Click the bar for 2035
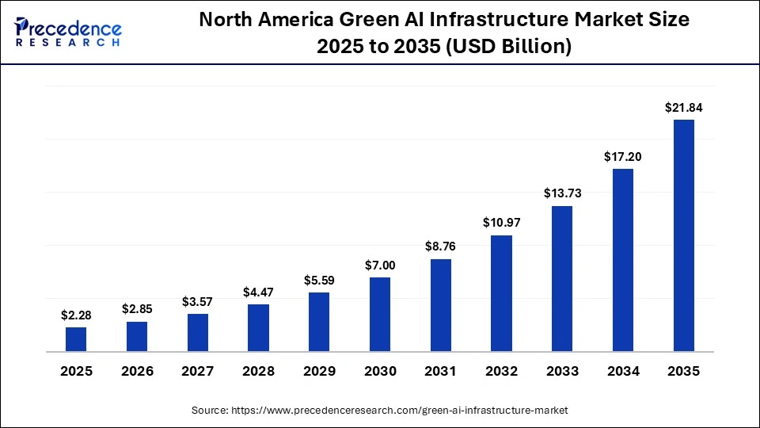[x=683, y=235]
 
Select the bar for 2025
[x=76, y=339]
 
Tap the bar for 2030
[x=380, y=314]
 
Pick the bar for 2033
[x=562, y=278]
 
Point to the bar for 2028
[x=258, y=327]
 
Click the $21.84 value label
[x=683, y=107]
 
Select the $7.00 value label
[x=380, y=264]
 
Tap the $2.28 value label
[x=76, y=315]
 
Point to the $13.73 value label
[x=562, y=193]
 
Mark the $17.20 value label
[x=623, y=156]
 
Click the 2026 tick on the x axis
[x=137, y=371]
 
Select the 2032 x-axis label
[x=501, y=371]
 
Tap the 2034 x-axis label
[x=623, y=371]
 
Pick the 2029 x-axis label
[x=319, y=371]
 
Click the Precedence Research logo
[x=68, y=32]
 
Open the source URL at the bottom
[x=380, y=410]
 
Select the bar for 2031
[x=441, y=305]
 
